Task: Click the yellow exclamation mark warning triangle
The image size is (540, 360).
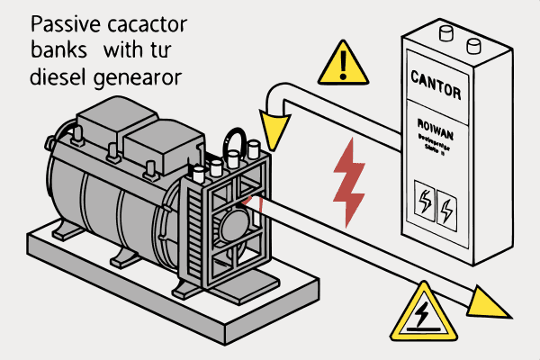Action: coord(338,62)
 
